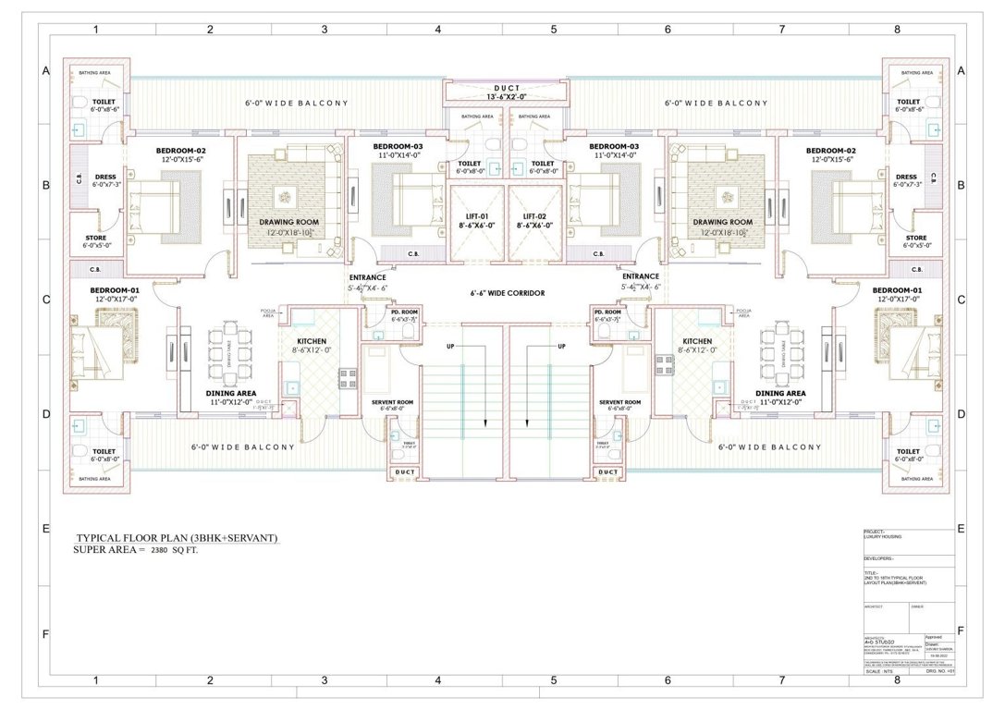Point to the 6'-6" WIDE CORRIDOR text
508,293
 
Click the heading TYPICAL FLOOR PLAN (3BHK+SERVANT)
177,538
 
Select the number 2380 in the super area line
165,550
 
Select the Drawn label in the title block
931,643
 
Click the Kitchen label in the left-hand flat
313,341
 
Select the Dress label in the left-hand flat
104,177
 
